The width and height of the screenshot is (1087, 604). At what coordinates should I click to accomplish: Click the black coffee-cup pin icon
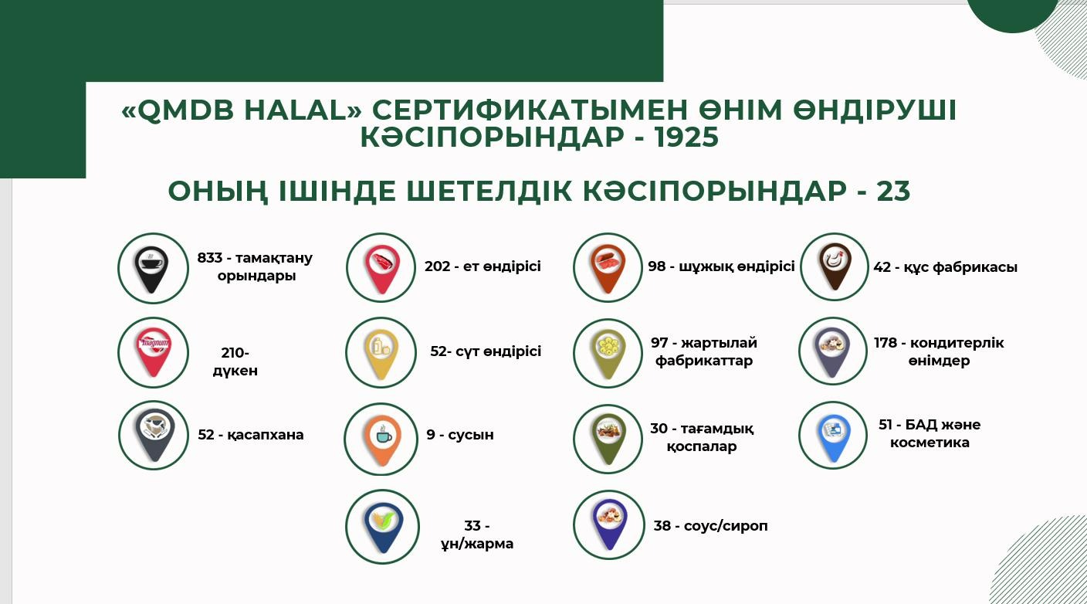click(152, 270)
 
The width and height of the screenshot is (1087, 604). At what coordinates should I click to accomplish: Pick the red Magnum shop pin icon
click(154, 353)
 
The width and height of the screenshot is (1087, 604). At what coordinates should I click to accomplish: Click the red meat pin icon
click(382, 269)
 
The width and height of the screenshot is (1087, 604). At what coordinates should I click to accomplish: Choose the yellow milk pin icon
click(381, 354)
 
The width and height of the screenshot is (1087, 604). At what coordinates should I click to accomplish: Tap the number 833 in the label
click(210, 257)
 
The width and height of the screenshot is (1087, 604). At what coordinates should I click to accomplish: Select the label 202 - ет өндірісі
click(483, 266)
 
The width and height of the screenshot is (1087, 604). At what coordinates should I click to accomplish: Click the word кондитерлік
click(957, 343)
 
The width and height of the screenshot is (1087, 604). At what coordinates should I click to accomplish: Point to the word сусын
click(471, 435)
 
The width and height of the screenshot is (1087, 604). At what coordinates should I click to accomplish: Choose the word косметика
click(930, 443)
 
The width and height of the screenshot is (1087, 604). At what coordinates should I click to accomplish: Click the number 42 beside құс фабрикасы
click(882, 267)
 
